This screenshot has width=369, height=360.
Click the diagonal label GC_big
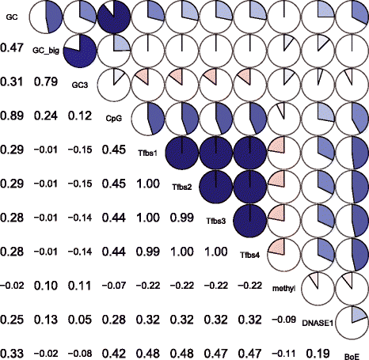[x=46, y=51]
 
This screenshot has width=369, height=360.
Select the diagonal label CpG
[x=114, y=119]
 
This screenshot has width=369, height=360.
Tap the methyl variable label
[x=283, y=289]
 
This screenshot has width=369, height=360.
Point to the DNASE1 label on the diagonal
[x=318, y=323]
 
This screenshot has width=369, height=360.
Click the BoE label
[x=352, y=357]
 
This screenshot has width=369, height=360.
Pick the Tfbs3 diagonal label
[x=216, y=221]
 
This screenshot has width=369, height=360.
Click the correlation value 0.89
[x=12, y=116]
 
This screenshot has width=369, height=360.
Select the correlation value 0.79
[x=46, y=81]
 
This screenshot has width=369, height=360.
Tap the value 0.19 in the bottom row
[x=318, y=354]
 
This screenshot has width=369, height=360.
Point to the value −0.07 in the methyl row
[x=114, y=286]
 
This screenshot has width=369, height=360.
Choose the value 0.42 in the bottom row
[x=114, y=354]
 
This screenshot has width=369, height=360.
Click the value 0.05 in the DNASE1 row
[x=80, y=320]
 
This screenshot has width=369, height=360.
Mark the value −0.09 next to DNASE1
[x=283, y=320]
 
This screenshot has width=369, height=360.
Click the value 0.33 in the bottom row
[x=12, y=354]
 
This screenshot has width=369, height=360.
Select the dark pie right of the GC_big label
[x=80, y=51]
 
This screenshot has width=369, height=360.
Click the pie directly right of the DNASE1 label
[x=352, y=323]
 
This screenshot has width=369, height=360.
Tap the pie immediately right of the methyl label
[x=318, y=289]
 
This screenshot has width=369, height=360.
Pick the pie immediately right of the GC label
[x=46, y=17]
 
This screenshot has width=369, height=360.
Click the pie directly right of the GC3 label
[x=114, y=85]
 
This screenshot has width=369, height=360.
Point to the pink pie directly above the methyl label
[x=284, y=255]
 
